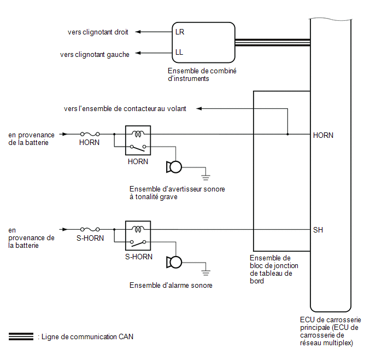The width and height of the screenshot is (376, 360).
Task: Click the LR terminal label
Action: (180, 32)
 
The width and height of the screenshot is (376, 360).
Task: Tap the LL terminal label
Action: (179, 52)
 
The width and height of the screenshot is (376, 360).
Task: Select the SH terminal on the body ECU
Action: (318, 230)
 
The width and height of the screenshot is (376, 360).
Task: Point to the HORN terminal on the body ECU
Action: (323, 135)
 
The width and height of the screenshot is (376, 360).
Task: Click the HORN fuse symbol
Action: (90, 134)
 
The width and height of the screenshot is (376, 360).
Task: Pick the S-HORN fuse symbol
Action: (90, 229)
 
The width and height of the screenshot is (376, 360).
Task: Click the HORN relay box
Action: (138, 141)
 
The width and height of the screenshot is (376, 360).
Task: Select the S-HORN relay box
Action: (138, 236)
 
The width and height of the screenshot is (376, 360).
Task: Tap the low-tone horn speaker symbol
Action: (174, 167)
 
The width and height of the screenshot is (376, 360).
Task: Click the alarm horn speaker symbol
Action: (174, 262)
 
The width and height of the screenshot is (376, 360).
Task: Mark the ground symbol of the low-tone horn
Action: (205, 178)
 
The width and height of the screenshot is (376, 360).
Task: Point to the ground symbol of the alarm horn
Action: (205, 272)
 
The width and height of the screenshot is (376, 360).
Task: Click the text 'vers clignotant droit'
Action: (98, 32)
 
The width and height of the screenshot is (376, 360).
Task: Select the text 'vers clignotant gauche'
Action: (95, 55)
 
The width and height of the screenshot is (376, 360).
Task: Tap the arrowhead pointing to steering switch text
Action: (199, 109)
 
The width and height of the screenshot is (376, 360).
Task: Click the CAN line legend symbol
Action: (21, 336)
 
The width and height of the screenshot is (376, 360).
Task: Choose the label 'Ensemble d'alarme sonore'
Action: (171, 286)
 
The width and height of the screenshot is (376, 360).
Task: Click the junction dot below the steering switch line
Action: (287, 134)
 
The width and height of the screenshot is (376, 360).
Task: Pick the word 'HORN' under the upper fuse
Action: (89, 143)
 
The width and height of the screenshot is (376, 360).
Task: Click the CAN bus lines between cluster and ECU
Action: (273, 43)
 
